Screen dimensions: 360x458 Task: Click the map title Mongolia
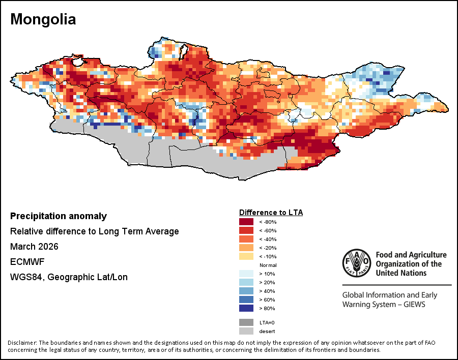point(43,19)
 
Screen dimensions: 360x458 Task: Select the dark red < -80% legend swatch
point(246,222)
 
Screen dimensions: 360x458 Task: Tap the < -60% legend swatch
point(246,230)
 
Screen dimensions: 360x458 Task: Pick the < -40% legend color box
point(246,239)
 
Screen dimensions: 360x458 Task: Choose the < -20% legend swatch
point(246,248)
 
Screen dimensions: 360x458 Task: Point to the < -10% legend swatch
point(246,256)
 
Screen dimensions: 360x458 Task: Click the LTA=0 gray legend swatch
point(246,322)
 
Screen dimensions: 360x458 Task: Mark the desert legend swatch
point(246,331)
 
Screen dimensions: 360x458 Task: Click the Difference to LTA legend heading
point(271,212)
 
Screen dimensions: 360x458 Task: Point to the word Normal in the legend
point(268,265)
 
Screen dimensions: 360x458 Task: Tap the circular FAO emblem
point(357,263)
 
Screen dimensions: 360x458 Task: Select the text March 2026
point(34,247)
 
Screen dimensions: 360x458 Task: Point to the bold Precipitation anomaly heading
point(59,216)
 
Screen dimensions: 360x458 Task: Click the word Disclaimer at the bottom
point(22,342)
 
